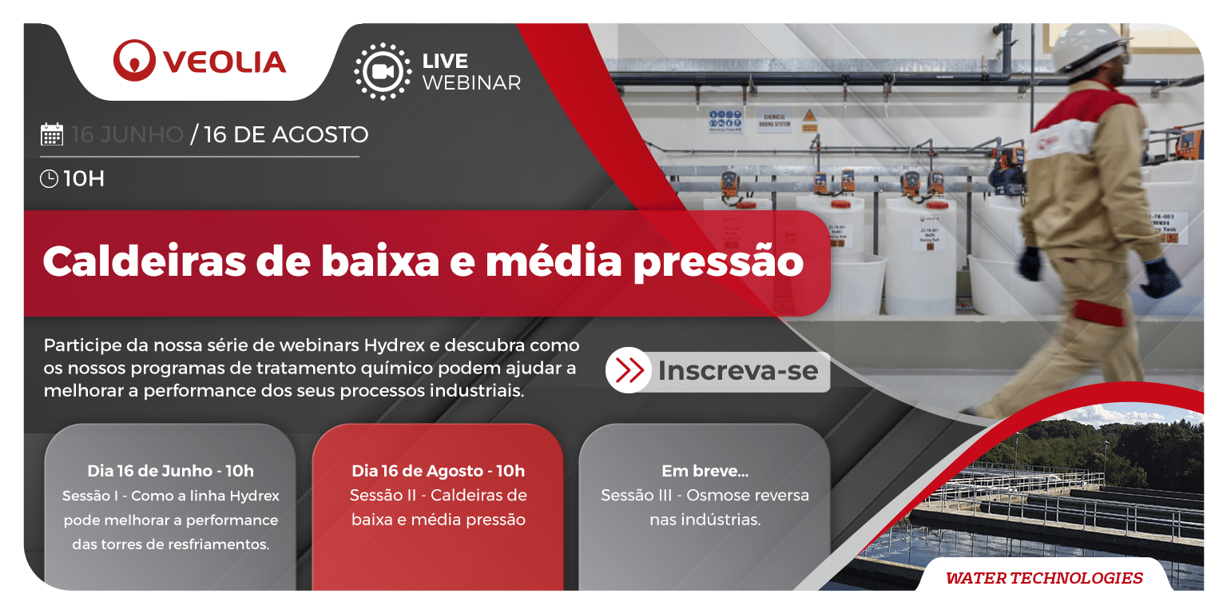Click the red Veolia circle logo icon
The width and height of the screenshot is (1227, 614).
(134, 61)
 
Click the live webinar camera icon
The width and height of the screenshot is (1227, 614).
(383, 71)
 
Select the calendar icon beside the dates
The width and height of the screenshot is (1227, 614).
(52, 134)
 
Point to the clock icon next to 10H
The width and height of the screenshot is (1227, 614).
(49, 178)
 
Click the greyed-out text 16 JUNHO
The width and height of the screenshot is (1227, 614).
(128, 134)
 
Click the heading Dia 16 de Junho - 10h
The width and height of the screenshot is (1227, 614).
(170, 470)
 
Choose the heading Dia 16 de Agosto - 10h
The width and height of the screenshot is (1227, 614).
(438, 470)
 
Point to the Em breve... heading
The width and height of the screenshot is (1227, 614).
(705, 470)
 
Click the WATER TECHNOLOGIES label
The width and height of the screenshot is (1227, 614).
(1044, 577)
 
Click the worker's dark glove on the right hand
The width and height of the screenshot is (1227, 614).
(1159, 277)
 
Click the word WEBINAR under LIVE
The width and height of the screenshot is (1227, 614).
(471, 82)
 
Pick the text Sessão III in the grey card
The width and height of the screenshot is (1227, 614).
(634, 495)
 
